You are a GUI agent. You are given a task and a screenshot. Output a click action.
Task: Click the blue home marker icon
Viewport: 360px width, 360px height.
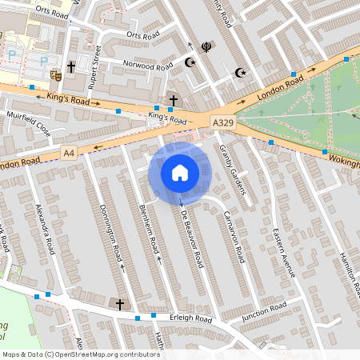click(180, 173)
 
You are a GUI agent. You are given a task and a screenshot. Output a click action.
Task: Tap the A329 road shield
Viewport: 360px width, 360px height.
click(223, 122)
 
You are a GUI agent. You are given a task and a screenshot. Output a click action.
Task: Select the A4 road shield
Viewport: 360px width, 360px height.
click(70, 152)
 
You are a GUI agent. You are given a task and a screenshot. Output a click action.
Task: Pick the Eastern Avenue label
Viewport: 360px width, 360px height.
click(286, 251)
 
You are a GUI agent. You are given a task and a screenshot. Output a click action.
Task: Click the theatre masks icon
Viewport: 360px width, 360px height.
click(56, 75)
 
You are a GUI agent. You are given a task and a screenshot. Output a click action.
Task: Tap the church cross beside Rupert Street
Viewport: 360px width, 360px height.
click(71, 67)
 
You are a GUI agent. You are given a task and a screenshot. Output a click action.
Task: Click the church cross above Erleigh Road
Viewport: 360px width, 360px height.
click(120, 304)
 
